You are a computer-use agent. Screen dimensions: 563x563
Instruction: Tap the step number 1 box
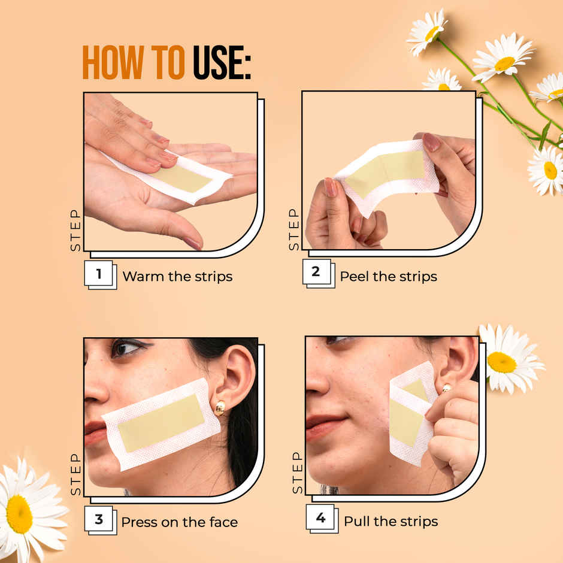tap(99, 275)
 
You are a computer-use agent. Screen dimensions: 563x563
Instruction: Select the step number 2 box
tap(316, 273)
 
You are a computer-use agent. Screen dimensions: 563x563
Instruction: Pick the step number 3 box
tap(99, 519)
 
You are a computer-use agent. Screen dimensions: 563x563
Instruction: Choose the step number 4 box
tap(320, 518)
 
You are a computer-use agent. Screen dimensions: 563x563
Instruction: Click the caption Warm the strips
tap(177, 277)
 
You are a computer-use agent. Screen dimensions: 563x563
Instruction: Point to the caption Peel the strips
tap(388, 277)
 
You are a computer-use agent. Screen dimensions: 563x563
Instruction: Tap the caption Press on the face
tap(179, 522)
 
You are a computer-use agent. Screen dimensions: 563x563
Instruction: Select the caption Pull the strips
tap(391, 522)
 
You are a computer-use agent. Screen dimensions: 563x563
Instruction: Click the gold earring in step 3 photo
tap(220, 408)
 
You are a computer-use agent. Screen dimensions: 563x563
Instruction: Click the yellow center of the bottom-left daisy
tap(19, 513)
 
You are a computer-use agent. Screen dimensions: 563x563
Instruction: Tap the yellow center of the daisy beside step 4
tap(501, 362)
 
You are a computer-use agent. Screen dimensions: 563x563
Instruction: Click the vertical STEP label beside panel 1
tap(75, 231)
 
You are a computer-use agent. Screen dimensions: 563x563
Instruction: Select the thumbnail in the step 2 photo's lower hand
tap(331, 187)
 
